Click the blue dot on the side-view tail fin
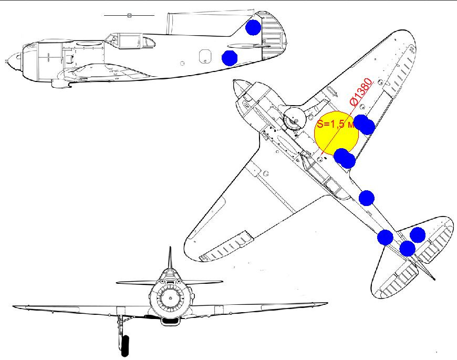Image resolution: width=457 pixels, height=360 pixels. click(x=254, y=27)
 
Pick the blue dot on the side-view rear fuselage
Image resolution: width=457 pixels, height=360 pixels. click(x=230, y=58)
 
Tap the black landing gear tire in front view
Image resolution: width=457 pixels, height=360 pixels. click(x=124, y=345)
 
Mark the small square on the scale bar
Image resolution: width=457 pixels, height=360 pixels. click(x=129, y=16)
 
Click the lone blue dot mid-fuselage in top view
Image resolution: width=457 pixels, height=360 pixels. click(x=366, y=198)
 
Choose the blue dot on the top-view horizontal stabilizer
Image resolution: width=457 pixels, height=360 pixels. click(x=418, y=234)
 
